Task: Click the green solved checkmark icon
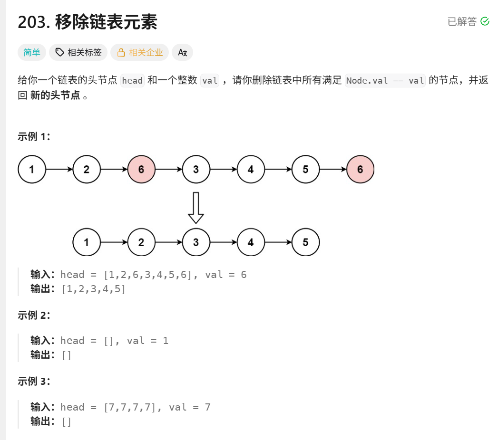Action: click(485, 21)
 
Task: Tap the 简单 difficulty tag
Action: click(32, 52)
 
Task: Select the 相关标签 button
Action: click(78, 52)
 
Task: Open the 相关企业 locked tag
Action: click(140, 52)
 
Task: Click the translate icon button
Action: click(182, 52)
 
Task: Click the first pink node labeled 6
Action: click(141, 169)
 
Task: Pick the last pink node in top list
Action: click(360, 169)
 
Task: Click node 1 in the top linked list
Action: click(32, 169)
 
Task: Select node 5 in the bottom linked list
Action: click(305, 242)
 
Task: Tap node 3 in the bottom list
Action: click(196, 242)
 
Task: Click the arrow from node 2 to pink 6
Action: click(114, 169)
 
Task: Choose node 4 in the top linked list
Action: click(251, 169)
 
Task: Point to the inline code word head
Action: click(132, 80)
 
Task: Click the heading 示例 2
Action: click(34, 315)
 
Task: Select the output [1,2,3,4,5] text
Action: click(94, 288)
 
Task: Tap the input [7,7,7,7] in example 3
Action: click(130, 407)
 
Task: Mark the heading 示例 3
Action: click(34, 381)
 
